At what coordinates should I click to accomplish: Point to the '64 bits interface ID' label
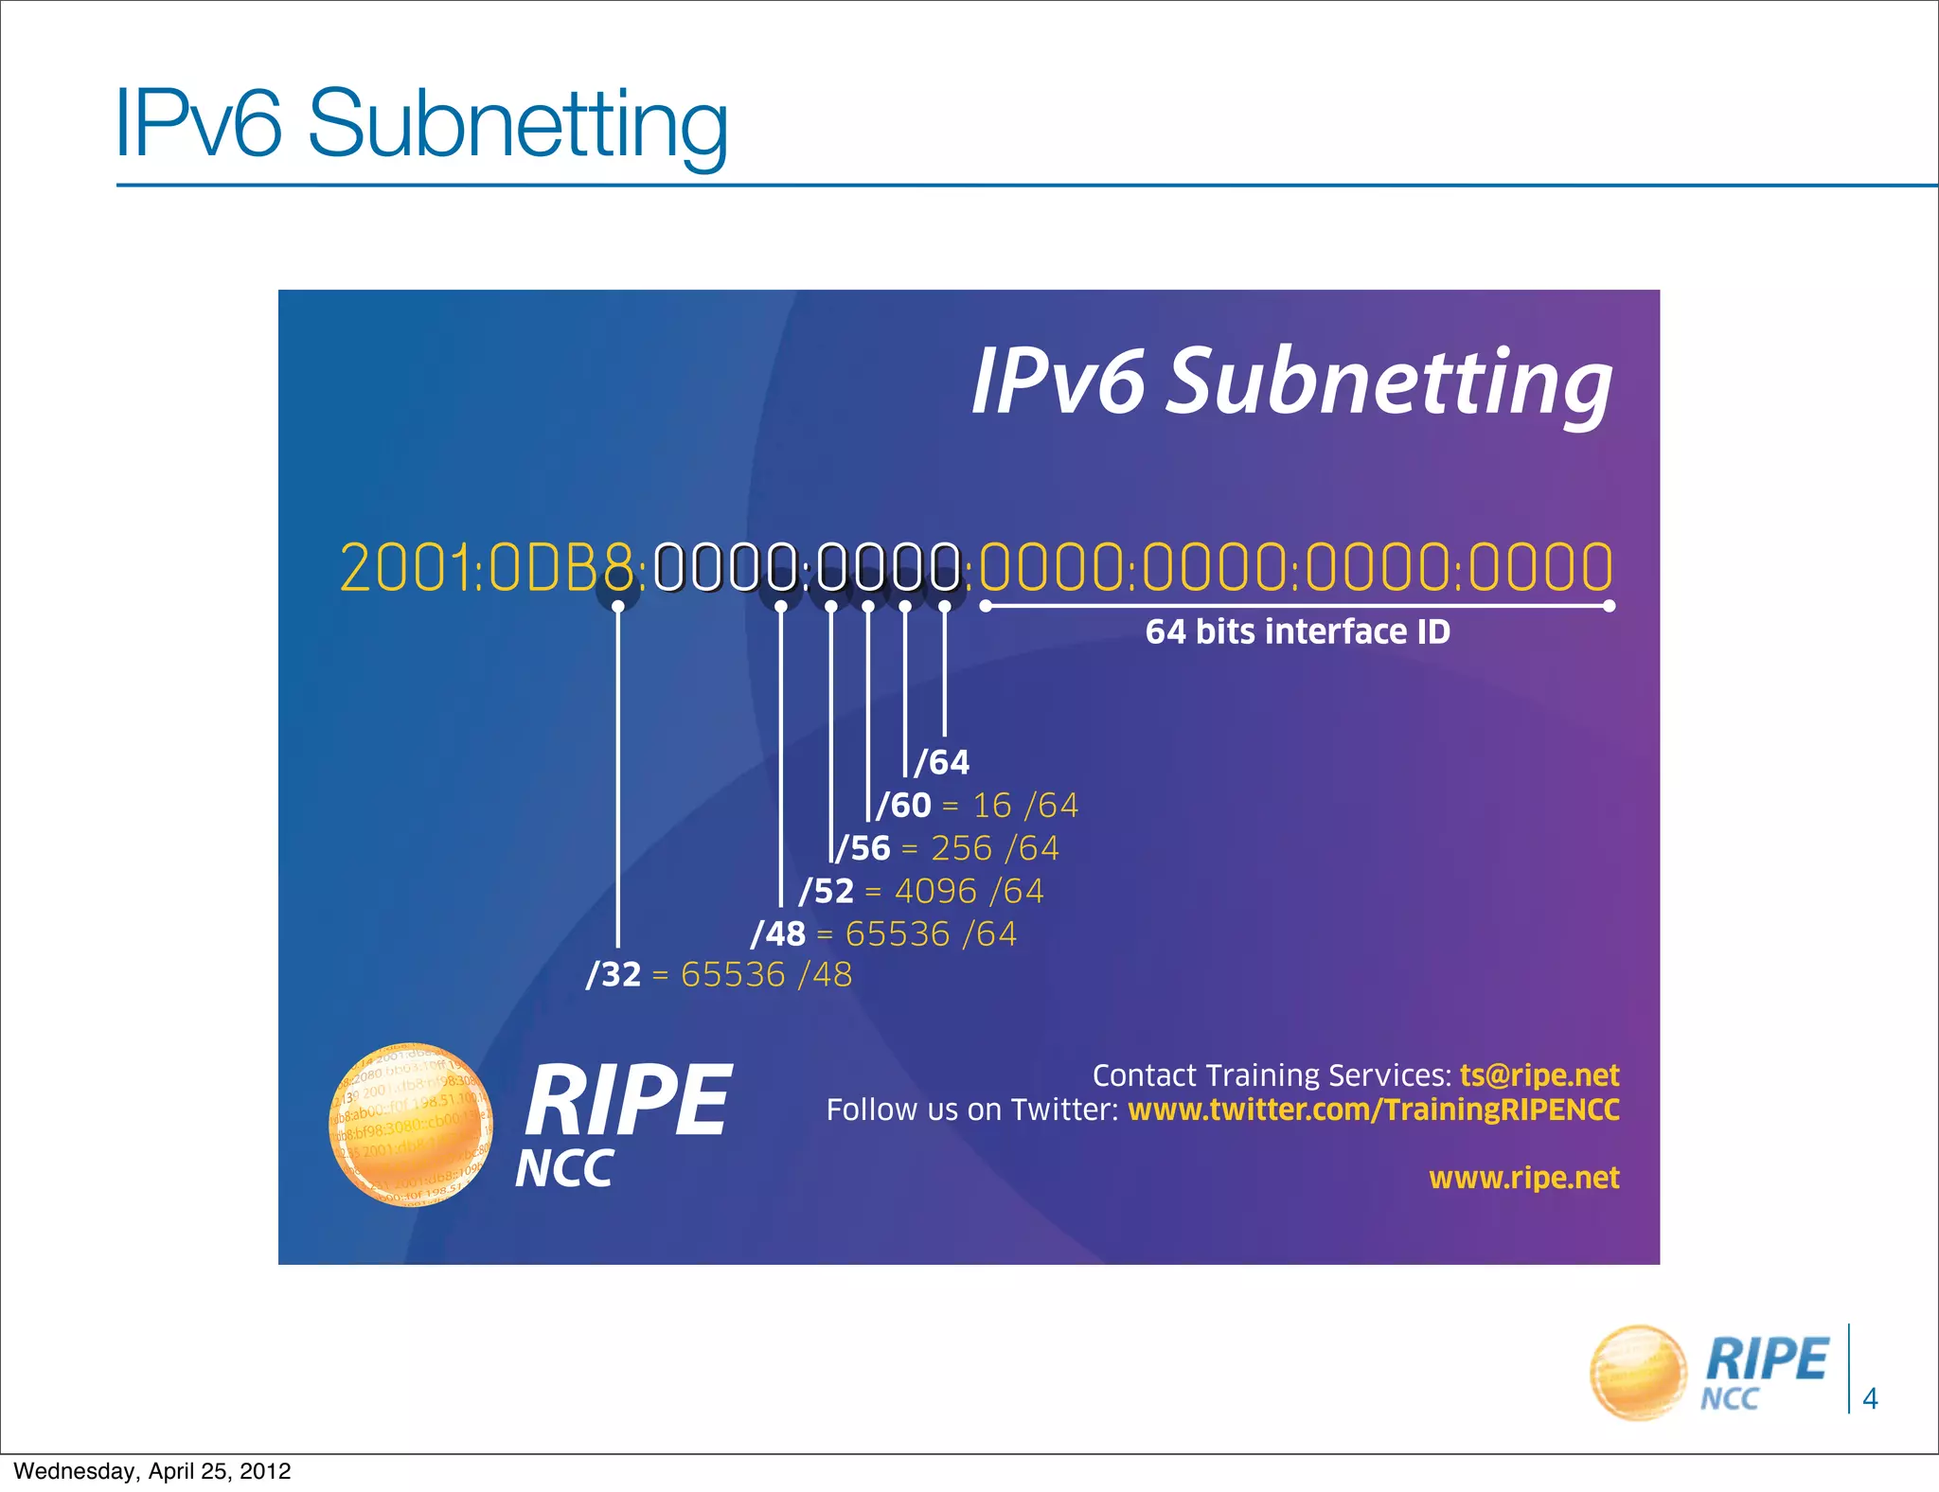click(x=1297, y=632)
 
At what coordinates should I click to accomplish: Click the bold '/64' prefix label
click(x=942, y=762)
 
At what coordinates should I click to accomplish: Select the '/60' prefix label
click(x=904, y=806)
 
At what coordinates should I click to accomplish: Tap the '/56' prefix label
click(x=863, y=848)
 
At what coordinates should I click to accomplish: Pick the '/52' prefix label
click(x=827, y=891)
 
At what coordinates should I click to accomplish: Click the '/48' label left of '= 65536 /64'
click(x=778, y=934)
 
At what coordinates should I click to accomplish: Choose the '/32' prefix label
click(x=614, y=974)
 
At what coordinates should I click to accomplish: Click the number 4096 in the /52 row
click(x=935, y=891)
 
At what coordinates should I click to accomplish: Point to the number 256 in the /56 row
click(x=961, y=848)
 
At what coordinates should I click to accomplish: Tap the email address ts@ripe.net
click(x=1539, y=1075)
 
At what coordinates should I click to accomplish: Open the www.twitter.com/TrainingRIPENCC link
click(x=1374, y=1110)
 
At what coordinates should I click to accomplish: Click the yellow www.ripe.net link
click(x=1524, y=1178)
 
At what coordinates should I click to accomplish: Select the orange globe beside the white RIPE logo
click(x=410, y=1125)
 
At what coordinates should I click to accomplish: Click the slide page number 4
click(x=1870, y=1398)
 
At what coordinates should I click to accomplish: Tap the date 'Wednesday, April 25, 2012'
click(x=152, y=1471)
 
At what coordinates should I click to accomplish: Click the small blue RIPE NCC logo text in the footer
click(x=1764, y=1371)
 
